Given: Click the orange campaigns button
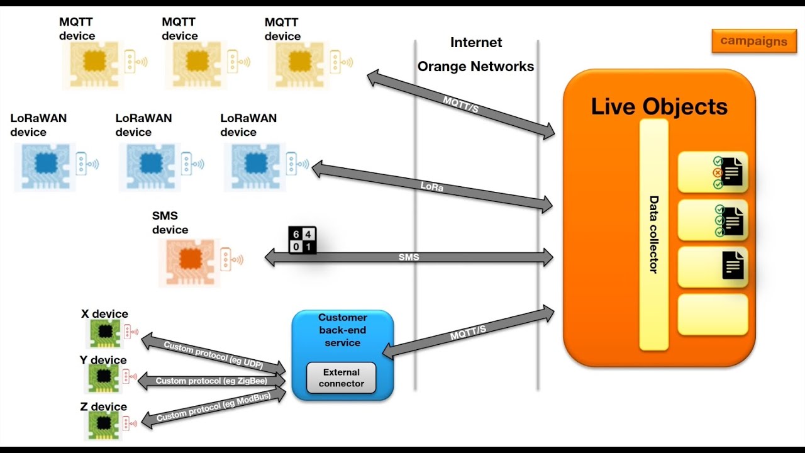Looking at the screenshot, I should pyautogui.click(x=753, y=42).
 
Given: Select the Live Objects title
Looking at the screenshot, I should pyautogui.click(x=658, y=106).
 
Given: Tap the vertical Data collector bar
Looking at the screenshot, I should pyautogui.click(x=653, y=234).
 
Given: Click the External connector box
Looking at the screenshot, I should pyautogui.click(x=341, y=377).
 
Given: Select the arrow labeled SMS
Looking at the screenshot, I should pyautogui.click(x=409, y=257).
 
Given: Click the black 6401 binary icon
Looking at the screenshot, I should pyautogui.click(x=302, y=240).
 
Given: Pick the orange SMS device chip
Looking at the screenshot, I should pyautogui.click(x=189, y=259).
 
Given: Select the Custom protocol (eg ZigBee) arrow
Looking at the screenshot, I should pyautogui.click(x=211, y=381).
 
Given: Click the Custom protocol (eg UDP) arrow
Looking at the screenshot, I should pyautogui.click(x=213, y=355).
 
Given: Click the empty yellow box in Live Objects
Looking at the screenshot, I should pyautogui.click(x=713, y=315).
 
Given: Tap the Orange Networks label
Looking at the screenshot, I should pyautogui.click(x=475, y=67).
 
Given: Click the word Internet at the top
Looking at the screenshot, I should pyautogui.click(x=476, y=43).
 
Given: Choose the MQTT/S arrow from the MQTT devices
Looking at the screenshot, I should pyautogui.click(x=461, y=105).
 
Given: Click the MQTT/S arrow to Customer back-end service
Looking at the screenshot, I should pyautogui.click(x=469, y=333).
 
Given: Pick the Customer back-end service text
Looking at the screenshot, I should pyautogui.click(x=342, y=330).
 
